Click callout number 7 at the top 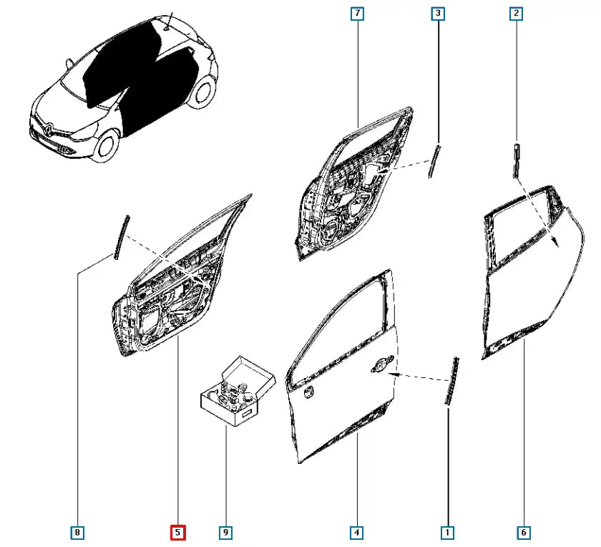point(357,14)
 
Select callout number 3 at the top point(438,14)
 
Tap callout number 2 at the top point(517,14)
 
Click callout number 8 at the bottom point(77,533)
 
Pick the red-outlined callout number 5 point(178,533)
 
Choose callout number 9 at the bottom point(226,533)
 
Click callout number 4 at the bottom point(357,533)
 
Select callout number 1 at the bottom point(447,533)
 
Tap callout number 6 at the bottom point(524,533)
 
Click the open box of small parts point(237,391)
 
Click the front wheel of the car point(106,146)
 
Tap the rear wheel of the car point(203,92)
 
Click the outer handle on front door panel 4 point(382,364)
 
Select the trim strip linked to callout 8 point(121,237)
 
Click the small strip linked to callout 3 point(434,161)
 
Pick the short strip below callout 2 point(517,161)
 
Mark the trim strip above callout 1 point(451,380)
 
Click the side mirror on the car point(69,62)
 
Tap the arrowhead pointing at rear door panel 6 point(554,241)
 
